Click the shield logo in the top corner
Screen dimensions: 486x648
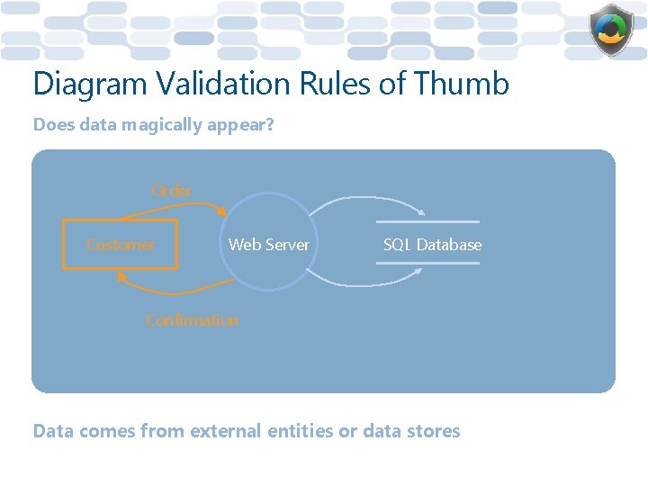[611, 31]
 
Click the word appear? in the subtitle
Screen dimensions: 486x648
[239, 125]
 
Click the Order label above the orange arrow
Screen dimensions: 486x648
[171, 191]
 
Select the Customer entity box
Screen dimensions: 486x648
[120, 244]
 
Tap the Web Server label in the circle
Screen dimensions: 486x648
[268, 245]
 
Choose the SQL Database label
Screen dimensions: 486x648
[432, 245]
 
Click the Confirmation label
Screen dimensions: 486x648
[192, 320]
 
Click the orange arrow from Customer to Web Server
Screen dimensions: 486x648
[171, 204]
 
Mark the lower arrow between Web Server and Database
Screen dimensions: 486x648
[369, 282]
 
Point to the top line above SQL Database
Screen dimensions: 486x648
[428, 221]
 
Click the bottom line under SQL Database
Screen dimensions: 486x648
[428, 263]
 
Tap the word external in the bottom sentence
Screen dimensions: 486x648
[226, 431]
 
